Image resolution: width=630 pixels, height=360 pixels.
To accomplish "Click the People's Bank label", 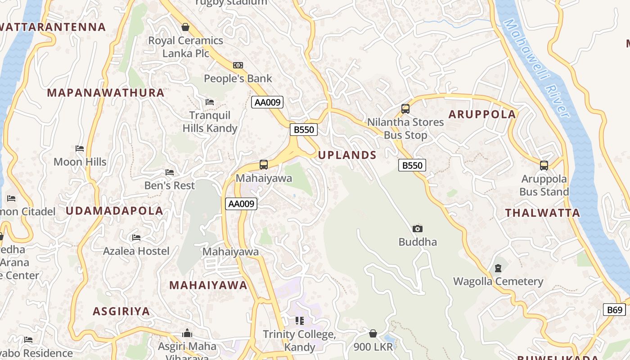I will pyautogui.click(x=238, y=79).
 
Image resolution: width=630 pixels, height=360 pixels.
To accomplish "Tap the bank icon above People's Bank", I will pyautogui.click(x=238, y=65).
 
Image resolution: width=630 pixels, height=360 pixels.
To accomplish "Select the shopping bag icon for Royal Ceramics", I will pyautogui.click(x=185, y=27).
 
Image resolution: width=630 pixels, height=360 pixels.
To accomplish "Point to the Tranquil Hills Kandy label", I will pyautogui.click(x=210, y=122).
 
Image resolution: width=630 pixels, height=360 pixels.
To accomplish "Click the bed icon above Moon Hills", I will pyautogui.click(x=80, y=148).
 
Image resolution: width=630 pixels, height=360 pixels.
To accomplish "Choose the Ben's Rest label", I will pyautogui.click(x=170, y=185).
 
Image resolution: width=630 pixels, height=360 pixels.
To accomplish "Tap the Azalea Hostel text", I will pyautogui.click(x=136, y=251).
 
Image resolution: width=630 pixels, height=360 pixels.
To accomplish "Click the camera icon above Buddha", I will pyautogui.click(x=418, y=229).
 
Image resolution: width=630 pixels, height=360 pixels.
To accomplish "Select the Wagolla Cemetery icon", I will pyautogui.click(x=498, y=268).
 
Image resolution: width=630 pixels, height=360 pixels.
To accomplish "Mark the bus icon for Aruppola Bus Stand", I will pyautogui.click(x=544, y=165).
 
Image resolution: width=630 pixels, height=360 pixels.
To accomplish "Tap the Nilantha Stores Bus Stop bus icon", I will pyautogui.click(x=405, y=108).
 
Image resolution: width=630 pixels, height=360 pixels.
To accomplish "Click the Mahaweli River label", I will pyautogui.click(x=536, y=67).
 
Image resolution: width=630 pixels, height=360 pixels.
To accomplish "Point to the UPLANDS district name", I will pyautogui.click(x=347, y=155).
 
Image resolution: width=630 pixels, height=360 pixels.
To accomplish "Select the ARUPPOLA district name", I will pyautogui.click(x=482, y=114).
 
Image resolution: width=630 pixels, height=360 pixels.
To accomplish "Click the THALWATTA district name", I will pyautogui.click(x=543, y=213).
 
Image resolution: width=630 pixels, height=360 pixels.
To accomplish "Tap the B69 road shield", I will pyautogui.click(x=614, y=310).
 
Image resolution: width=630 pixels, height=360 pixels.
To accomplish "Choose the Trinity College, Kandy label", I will pyautogui.click(x=300, y=341).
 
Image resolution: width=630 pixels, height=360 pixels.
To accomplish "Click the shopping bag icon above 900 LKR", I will pyautogui.click(x=373, y=333).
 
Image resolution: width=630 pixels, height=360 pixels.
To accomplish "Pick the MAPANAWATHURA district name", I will pyautogui.click(x=106, y=93).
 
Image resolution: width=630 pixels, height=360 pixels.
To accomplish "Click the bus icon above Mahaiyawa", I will pyautogui.click(x=264, y=165).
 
